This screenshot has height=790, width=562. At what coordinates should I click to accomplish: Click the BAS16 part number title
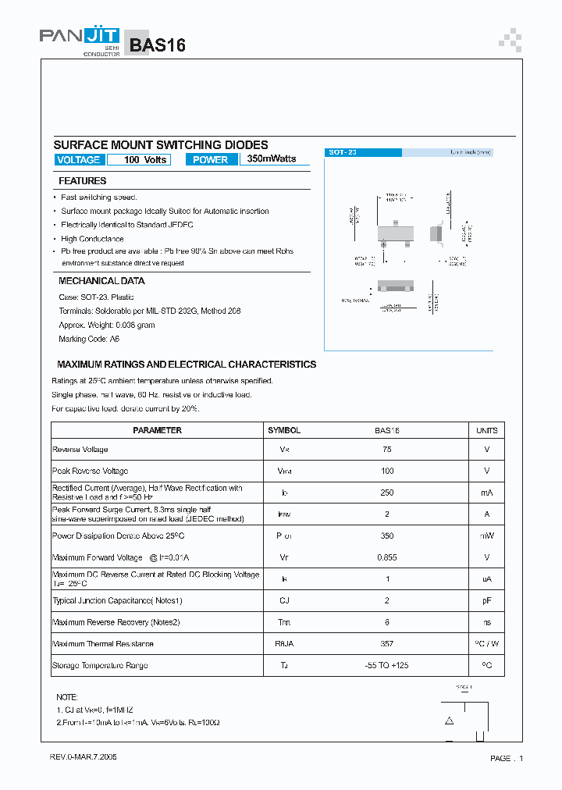[158, 45]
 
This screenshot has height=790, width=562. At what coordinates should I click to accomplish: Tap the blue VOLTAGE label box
[79, 160]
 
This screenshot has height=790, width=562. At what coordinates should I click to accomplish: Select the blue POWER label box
[210, 160]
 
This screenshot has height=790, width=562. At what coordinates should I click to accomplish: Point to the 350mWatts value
[272, 158]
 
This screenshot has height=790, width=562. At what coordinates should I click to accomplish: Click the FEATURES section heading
[83, 181]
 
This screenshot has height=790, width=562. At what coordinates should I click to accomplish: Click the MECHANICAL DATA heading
[101, 281]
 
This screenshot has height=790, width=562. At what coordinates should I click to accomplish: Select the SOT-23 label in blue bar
[343, 153]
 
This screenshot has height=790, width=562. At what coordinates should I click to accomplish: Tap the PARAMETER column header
[157, 430]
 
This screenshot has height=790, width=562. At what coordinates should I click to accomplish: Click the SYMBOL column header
[284, 430]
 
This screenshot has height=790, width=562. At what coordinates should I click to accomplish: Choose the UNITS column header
[486, 430]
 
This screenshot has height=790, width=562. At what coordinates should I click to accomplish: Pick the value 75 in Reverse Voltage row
[388, 450]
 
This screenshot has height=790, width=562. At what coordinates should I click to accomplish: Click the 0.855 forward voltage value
[388, 557]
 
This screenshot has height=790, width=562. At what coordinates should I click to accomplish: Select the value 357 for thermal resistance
[388, 644]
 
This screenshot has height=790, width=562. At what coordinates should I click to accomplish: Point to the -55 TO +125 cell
[388, 666]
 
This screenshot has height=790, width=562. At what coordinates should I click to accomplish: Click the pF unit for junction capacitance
[486, 601]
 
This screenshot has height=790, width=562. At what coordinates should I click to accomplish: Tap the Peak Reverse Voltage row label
[90, 472]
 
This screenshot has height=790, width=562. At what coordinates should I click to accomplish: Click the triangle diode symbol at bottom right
[450, 721]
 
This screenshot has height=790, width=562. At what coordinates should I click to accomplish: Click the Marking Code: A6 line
[89, 340]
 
